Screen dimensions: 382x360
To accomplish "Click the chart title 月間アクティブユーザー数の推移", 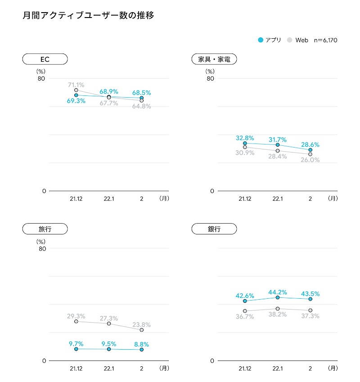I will pyautogui.click(x=88, y=16).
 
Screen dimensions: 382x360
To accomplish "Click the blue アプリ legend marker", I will pyautogui.click(x=261, y=40).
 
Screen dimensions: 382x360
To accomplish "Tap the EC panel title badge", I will pyautogui.click(x=45, y=59).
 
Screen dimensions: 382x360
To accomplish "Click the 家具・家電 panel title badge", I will pyautogui.click(x=214, y=59).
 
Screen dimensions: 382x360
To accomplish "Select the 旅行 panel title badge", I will pyautogui.click(x=45, y=229).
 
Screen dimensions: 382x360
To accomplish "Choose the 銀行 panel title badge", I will pyautogui.click(x=214, y=229).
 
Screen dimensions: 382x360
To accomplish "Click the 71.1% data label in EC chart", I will pyautogui.click(x=76, y=84).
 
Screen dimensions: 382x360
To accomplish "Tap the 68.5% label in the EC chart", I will pyautogui.click(x=142, y=93).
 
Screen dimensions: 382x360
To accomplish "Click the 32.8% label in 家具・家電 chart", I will pyautogui.click(x=245, y=138).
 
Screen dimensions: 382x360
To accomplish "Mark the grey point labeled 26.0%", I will pyautogui.click(x=310, y=154).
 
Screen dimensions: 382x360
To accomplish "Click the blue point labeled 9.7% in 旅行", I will pyautogui.click(x=76, y=349).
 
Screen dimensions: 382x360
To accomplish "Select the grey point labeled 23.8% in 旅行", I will pyautogui.click(x=142, y=330).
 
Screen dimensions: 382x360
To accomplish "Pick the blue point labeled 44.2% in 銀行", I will pyautogui.click(x=278, y=297).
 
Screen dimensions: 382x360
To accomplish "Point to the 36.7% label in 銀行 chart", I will pyautogui.click(x=245, y=317).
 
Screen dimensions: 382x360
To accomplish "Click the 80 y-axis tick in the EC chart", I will pyautogui.click(x=41, y=78).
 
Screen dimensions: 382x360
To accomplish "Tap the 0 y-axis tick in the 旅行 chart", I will pyautogui.click(x=44, y=361).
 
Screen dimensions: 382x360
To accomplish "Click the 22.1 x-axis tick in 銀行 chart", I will pyautogui.click(x=278, y=369).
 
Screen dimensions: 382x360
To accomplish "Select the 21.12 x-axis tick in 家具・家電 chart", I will pyautogui.click(x=245, y=198).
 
